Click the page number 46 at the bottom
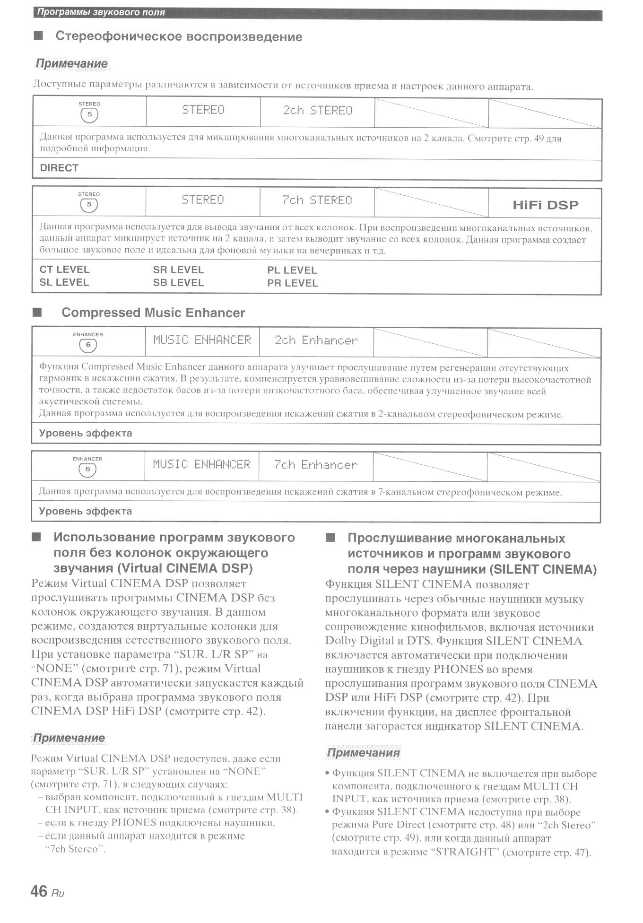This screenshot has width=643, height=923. tap(39, 891)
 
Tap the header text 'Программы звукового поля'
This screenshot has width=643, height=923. tap(101, 12)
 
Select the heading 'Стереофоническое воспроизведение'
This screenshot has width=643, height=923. tap(179, 36)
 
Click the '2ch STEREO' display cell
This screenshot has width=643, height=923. tap(317, 111)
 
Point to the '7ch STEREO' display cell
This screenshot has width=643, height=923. tap(317, 200)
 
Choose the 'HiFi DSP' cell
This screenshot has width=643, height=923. tap(545, 205)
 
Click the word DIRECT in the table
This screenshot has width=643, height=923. tap(59, 168)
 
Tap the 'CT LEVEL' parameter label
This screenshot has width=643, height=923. tap(64, 270)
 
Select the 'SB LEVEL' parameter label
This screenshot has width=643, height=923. tap(178, 283)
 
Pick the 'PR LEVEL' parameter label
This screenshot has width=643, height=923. tap(292, 283)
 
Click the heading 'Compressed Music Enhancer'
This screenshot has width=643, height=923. tap(153, 313)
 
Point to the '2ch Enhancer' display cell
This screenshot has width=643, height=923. tap(316, 340)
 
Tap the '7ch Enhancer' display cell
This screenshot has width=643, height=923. tap(315, 465)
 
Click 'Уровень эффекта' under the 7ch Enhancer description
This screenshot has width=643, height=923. tap(85, 511)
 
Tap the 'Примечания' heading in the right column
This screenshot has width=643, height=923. tap(363, 753)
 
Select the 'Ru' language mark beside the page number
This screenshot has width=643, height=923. tap(58, 893)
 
